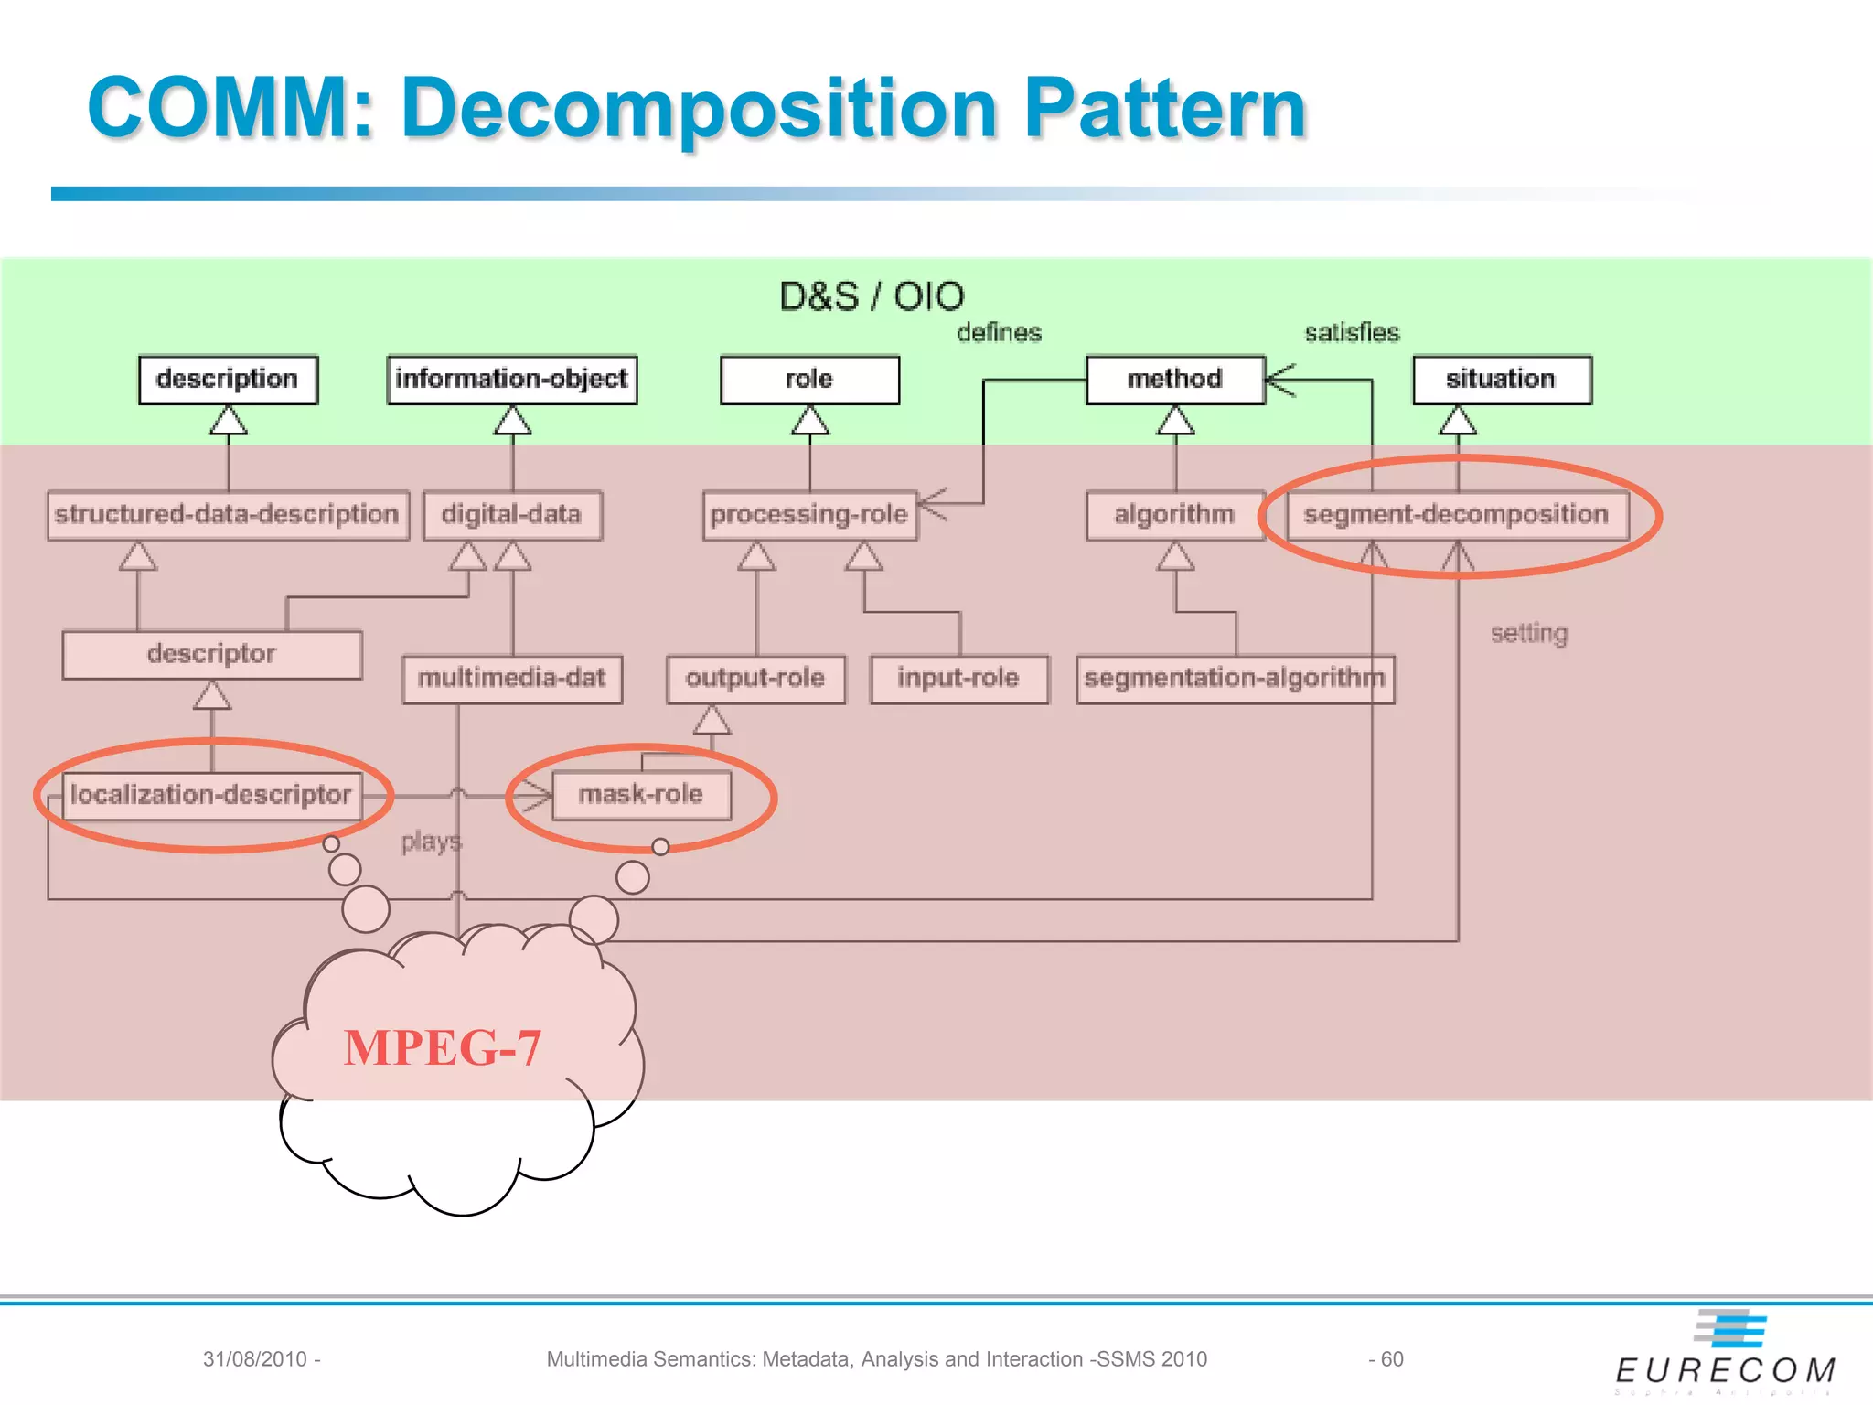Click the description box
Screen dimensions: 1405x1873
[228, 380]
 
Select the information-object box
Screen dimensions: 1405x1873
[511, 380]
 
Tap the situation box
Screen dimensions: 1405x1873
[1502, 380]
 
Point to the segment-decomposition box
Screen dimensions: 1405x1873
[1456, 515]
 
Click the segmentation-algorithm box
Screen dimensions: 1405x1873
[1235, 679]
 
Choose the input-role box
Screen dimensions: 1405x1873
[958, 679]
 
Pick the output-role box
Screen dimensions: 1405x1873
[755, 679]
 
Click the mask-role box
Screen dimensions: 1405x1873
[641, 795]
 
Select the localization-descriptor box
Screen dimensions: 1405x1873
[211, 795]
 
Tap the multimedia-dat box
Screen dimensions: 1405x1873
[511, 679]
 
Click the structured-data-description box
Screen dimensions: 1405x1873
[227, 515]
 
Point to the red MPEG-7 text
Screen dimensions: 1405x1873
[443, 1048]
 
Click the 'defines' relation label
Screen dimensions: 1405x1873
[999, 333]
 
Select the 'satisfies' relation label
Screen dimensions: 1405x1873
[1352, 333]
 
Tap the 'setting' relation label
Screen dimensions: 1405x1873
[1529, 633]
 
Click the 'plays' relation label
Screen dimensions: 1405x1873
[431, 842]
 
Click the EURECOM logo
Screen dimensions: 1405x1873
[1727, 1354]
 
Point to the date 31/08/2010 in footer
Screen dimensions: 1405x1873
[255, 1359]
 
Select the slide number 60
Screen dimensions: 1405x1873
[1391, 1359]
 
